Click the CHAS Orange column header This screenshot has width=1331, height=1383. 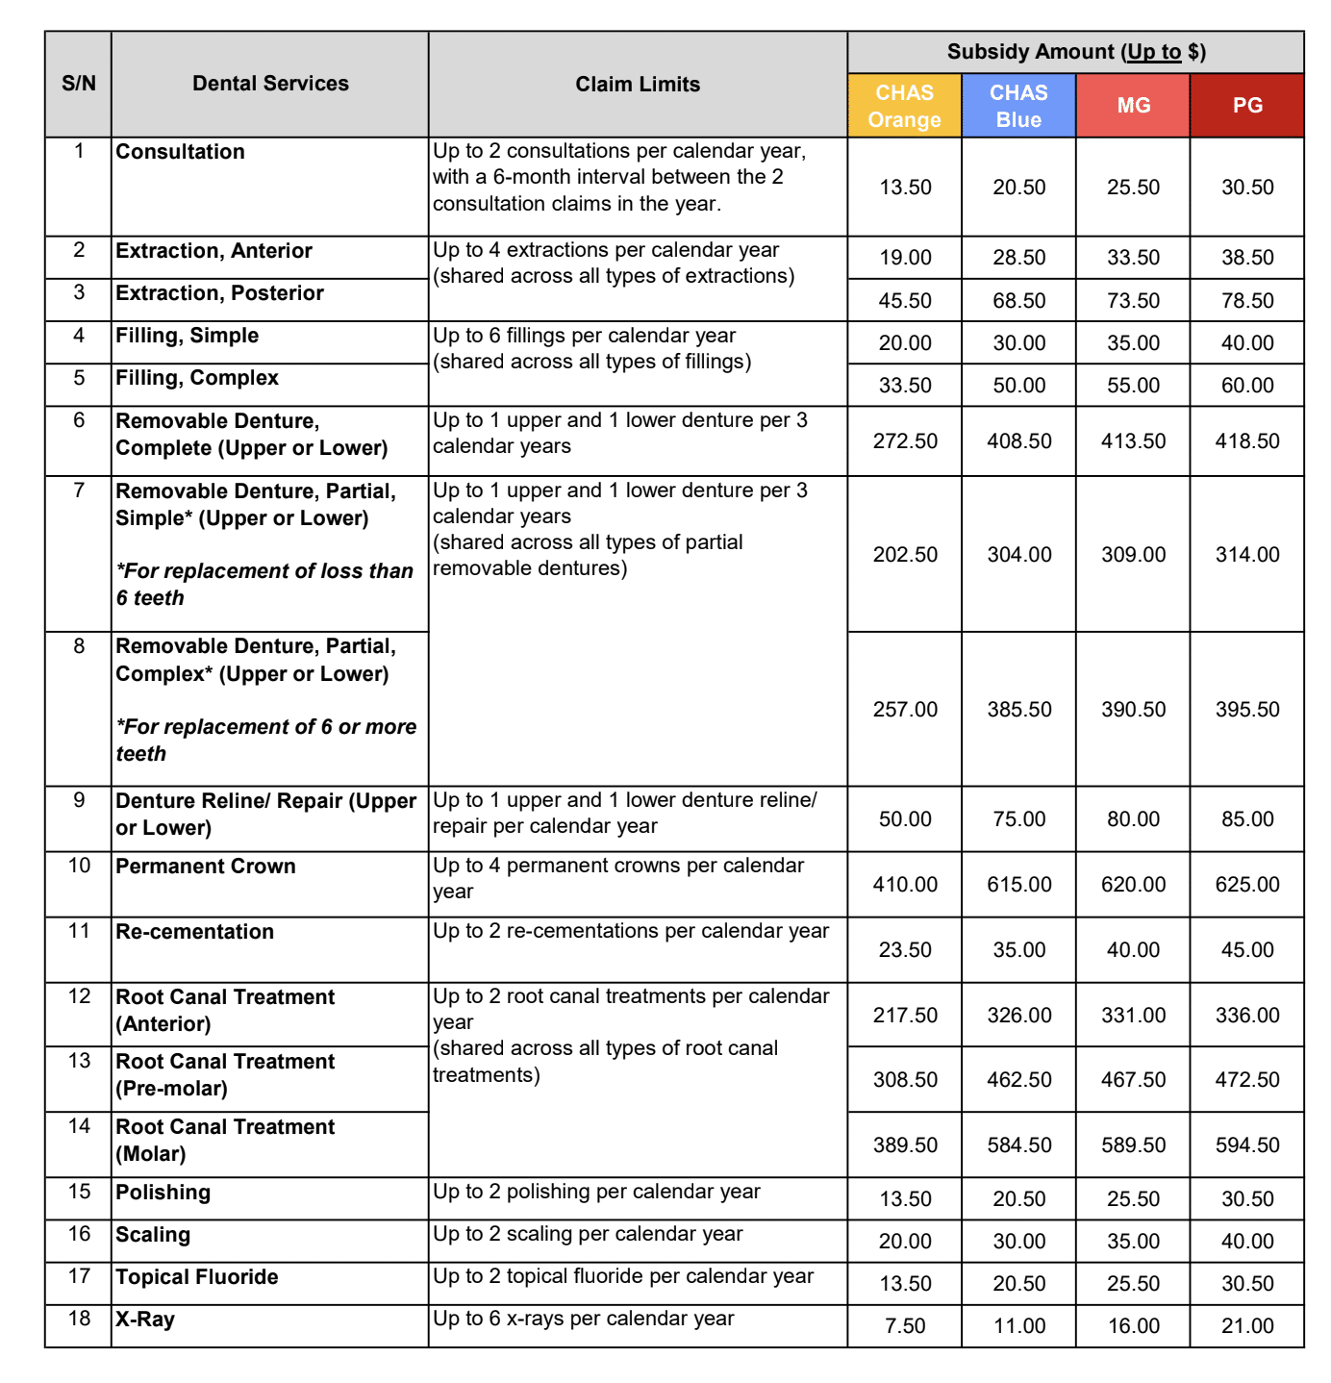[904, 106]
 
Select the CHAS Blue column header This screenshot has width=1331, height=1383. [1018, 106]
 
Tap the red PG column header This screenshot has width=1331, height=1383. [1247, 106]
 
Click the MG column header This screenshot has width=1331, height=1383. [1133, 106]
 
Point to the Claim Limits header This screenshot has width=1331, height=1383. [638, 85]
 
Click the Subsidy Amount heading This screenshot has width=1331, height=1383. [1076, 52]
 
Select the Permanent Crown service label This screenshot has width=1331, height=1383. [206, 867]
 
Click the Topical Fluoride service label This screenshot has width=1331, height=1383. [197, 1277]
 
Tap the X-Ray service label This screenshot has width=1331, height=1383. [145, 1320]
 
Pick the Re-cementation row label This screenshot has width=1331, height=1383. [195, 932]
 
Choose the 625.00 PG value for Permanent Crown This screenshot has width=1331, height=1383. [1247, 885]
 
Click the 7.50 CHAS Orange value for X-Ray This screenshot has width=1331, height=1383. [904, 1326]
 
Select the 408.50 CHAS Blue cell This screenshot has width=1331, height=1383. [1018, 441]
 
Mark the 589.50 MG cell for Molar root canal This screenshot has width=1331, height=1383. [1133, 1145]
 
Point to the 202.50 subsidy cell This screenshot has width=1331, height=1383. [904, 555]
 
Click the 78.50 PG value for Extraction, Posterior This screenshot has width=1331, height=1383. [1247, 301]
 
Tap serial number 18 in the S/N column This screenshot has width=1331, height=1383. [79, 1319]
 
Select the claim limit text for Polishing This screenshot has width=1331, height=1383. [596, 1193]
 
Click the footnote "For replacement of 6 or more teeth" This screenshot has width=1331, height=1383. [266, 740]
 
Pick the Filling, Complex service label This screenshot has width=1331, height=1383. [197, 378]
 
